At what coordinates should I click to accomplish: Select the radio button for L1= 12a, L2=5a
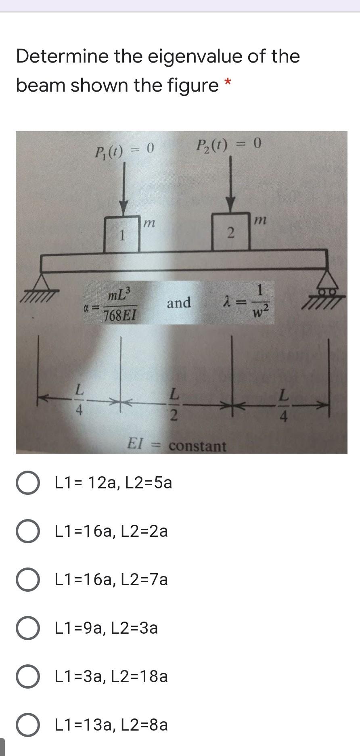coord(28,483)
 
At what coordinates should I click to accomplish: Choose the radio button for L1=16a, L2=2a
coord(28,531)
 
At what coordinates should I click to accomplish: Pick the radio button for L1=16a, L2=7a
coord(28,580)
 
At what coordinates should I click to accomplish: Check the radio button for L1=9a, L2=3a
coord(28,628)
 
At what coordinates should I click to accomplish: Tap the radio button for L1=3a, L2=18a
coord(28,676)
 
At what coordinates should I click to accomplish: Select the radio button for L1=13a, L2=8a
coord(28,725)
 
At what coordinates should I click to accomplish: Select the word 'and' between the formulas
coord(179,302)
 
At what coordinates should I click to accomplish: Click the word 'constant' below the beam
coord(197,446)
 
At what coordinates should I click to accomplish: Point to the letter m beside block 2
coord(260,220)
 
